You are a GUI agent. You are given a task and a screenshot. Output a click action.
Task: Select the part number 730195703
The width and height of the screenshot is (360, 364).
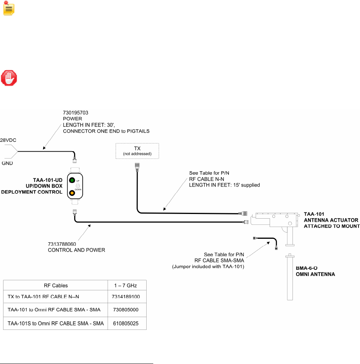pyautogui.click(x=76, y=112)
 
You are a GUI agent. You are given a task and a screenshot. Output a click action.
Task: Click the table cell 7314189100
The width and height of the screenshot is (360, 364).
pyautogui.click(x=126, y=297)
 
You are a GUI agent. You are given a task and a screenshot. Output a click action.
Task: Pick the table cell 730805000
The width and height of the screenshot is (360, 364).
pyautogui.click(x=126, y=310)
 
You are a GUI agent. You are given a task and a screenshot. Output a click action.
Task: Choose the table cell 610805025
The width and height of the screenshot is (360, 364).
pyautogui.click(x=126, y=323)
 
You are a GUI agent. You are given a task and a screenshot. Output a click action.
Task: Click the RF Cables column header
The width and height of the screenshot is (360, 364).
pyautogui.click(x=55, y=285)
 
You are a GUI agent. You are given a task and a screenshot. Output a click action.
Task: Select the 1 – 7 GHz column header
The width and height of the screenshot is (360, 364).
pyautogui.click(x=126, y=285)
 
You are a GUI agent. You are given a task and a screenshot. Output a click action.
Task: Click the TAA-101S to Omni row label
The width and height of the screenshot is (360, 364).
pyautogui.click(x=55, y=323)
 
